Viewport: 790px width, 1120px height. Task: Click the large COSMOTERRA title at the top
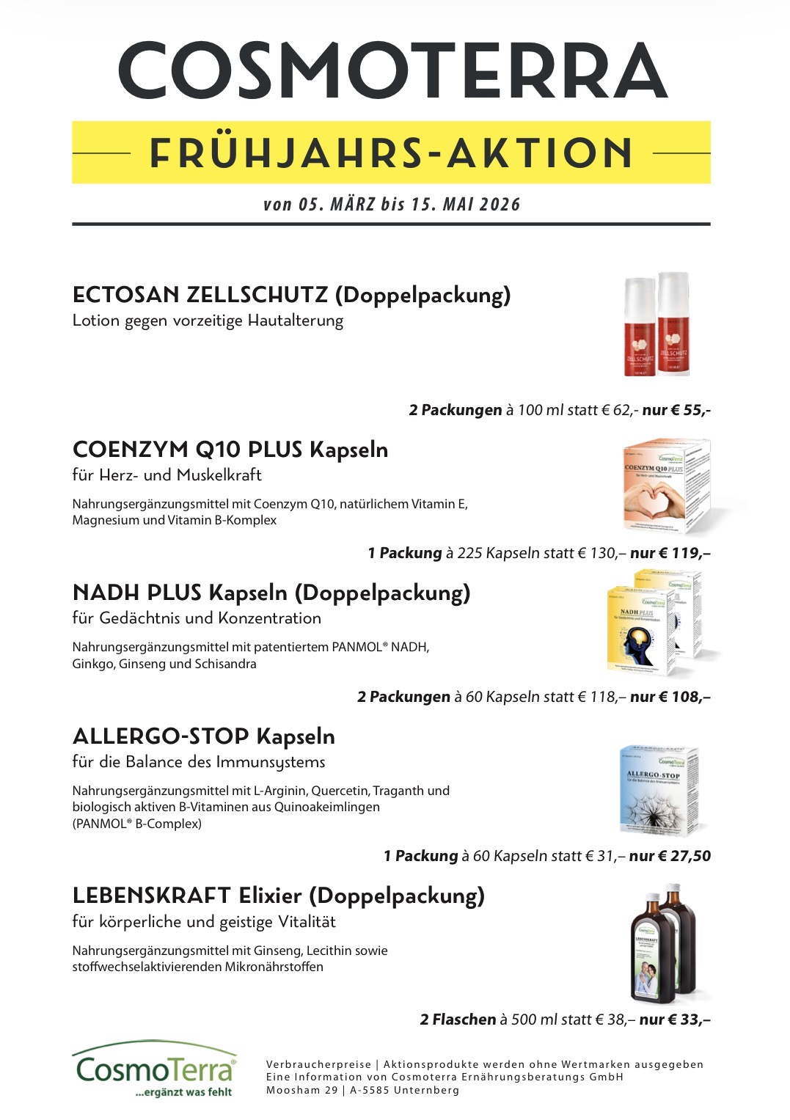point(393,71)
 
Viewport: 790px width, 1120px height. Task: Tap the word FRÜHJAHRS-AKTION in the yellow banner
point(391,153)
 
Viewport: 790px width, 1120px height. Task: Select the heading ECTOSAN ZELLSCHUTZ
point(200,295)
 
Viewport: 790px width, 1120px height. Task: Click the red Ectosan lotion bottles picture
point(656,325)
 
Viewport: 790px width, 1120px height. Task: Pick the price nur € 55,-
point(676,410)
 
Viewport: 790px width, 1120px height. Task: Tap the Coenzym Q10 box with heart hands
point(665,486)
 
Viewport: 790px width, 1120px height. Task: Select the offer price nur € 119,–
point(670,553)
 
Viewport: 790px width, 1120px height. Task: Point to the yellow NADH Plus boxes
point(654,622)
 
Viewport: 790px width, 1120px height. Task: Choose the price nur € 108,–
point(670,697)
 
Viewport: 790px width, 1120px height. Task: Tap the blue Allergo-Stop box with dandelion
point(658,791)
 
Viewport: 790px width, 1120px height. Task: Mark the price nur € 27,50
point(670,856)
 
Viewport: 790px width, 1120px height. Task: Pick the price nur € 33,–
point(674,1020)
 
